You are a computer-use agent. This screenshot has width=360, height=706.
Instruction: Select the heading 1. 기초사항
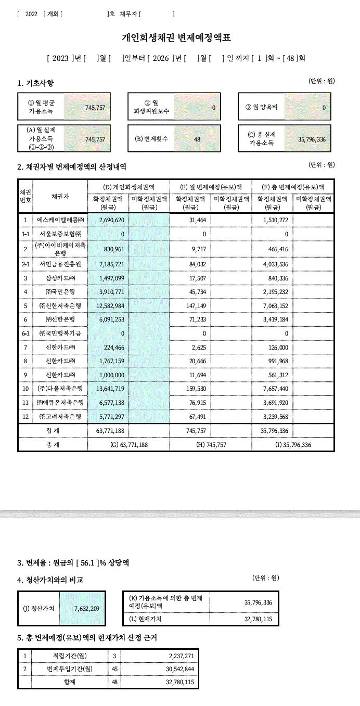pyautogui.click(x=35, y=83)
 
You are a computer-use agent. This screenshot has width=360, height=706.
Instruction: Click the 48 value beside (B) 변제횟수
pyautogui.click(x=197, y=139)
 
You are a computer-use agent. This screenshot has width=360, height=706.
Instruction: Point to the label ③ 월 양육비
pyautogui.click(x=262, y=107)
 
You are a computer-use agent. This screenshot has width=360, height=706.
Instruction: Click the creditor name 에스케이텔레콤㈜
pyautogui.click(x=60, y=220)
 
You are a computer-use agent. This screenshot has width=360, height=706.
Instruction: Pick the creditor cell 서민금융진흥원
pyautogui.click(x=60, y=264)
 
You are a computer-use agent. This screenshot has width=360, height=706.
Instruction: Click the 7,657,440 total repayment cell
pyautogui.click(x=273, y=389)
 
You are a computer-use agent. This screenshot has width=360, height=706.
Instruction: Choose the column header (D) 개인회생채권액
pyautogui.click(x=128, y=187)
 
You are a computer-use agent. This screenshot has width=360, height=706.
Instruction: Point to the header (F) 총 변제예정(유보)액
pyautogui.click(x=293, y=187)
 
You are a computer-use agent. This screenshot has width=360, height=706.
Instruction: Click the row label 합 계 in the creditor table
pyautogui.click(x=53, y=431)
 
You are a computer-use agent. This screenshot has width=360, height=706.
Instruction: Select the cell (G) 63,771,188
pyautogui.click(x=129, y=445)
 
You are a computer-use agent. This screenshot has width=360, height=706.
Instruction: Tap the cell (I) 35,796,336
pyautogui.click(x=293, y=445)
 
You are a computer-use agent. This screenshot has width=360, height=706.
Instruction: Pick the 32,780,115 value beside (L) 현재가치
pyautogui.click(x=258, y=619)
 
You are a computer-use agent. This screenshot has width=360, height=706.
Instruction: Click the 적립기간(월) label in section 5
pyautogui.click(x=70, y=656)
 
